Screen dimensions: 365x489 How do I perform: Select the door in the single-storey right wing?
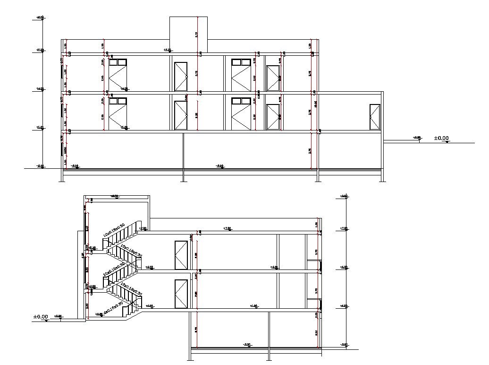(x=375, y=117)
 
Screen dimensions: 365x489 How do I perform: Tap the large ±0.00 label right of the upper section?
(x=441, y=139)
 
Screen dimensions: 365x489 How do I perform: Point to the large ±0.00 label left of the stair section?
(x=41, y=317)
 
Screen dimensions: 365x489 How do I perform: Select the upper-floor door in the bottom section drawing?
(x=181, y=255)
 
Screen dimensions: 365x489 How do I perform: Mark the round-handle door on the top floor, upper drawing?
(x=181, y=76)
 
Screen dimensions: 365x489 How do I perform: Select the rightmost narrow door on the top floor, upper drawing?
(x=273, y=78)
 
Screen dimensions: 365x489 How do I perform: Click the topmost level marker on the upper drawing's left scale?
(x=40, y=18)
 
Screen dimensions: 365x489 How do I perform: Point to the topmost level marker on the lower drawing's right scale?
(x=344, y=196)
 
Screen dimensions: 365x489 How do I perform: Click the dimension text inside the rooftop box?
(x=196, y=34)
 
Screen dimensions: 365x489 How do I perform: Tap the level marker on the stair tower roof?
(x=114, y=197)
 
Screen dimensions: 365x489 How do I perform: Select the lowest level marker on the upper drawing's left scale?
(x=40, y=166)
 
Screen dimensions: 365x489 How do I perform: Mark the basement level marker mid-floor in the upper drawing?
(x=219, y=166)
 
